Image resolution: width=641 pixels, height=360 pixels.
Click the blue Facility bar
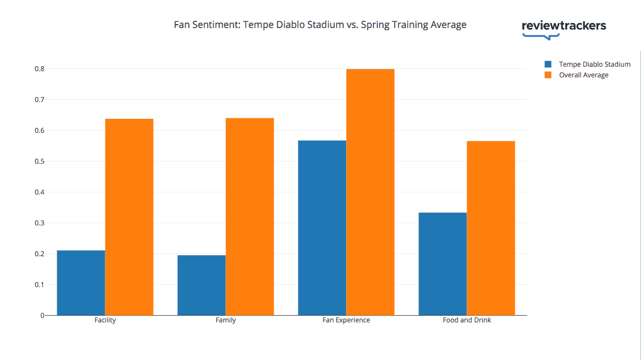tap(81, 283)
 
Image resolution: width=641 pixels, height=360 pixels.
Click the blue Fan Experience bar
tap(322, 228)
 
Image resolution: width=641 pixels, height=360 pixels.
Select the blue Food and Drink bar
tap(442, 264)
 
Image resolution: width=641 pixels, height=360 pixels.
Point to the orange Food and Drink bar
tap(491, 228)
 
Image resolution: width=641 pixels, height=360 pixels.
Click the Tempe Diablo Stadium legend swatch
tap(548, 64)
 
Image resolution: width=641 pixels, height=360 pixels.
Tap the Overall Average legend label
tap(583, 75)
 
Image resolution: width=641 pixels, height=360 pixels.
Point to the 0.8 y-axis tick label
tap(39, 69)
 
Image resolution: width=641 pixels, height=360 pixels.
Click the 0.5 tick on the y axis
tap(39, 161)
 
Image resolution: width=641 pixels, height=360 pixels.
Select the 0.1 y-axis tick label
tap(39, 285)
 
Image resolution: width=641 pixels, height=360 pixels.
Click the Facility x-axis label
tap(105, 321)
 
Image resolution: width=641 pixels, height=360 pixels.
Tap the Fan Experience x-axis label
tap(346, 321)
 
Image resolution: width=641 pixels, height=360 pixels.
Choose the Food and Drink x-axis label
tap(467, 321)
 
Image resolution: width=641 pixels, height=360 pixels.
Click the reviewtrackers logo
tap(564, 28)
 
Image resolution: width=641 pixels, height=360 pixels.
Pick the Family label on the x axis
tap(225, 321)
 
